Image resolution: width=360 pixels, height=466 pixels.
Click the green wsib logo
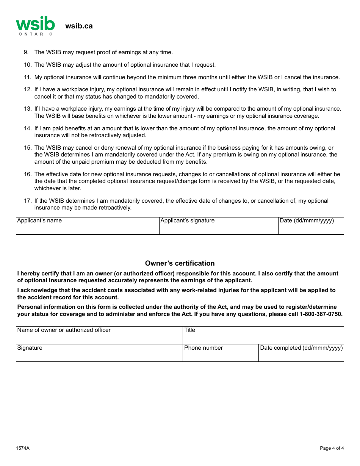(35, 24)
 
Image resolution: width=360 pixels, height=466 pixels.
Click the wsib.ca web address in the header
(79, 26)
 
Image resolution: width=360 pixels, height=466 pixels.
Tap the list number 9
(26, 52)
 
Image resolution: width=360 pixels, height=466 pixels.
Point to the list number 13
(28, 109)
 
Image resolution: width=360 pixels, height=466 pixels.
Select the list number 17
(28, 201)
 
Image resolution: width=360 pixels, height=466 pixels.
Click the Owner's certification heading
(180, 263)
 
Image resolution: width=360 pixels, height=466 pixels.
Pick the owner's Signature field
(99, 353)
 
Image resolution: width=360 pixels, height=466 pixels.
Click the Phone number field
(221, 353)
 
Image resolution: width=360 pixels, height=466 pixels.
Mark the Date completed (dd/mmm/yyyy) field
(301, 353)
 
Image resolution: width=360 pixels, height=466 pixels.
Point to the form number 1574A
(23, 449)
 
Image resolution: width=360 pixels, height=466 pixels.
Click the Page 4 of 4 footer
(332, 449)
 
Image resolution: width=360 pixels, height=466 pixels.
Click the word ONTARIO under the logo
(36, 34)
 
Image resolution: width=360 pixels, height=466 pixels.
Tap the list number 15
(28, 148)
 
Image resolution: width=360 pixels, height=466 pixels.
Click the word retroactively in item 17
(113, 208)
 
